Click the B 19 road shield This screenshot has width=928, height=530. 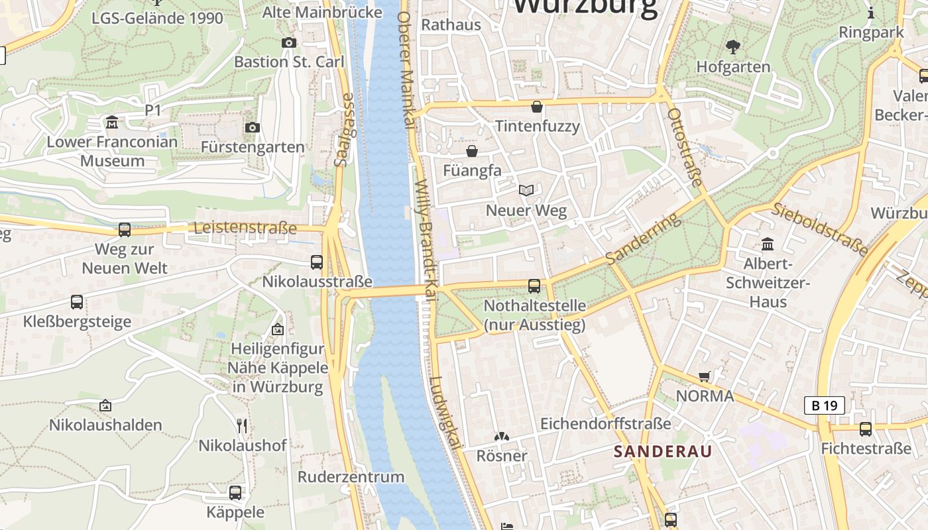825,405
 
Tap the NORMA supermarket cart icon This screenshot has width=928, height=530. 704,376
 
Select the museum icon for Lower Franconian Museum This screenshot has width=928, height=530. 112,123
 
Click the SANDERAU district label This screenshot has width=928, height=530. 662,452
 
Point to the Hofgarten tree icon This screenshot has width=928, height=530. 733,46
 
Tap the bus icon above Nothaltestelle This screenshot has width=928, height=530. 534,286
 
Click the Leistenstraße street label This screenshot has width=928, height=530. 245,229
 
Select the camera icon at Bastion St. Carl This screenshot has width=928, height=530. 289,42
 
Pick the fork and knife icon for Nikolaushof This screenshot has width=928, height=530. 242,425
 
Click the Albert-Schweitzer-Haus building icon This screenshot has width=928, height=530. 768,244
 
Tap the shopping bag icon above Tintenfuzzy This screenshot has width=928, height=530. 537,106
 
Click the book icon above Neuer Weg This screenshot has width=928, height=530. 526,191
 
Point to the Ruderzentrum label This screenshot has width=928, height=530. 351,477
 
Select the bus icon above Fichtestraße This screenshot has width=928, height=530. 866,429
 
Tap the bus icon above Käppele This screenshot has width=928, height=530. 235,492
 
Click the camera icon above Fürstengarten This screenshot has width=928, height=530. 253,127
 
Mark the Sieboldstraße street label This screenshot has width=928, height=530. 819,229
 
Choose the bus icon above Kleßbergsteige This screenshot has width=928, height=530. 77,302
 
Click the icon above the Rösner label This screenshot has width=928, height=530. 502,437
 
